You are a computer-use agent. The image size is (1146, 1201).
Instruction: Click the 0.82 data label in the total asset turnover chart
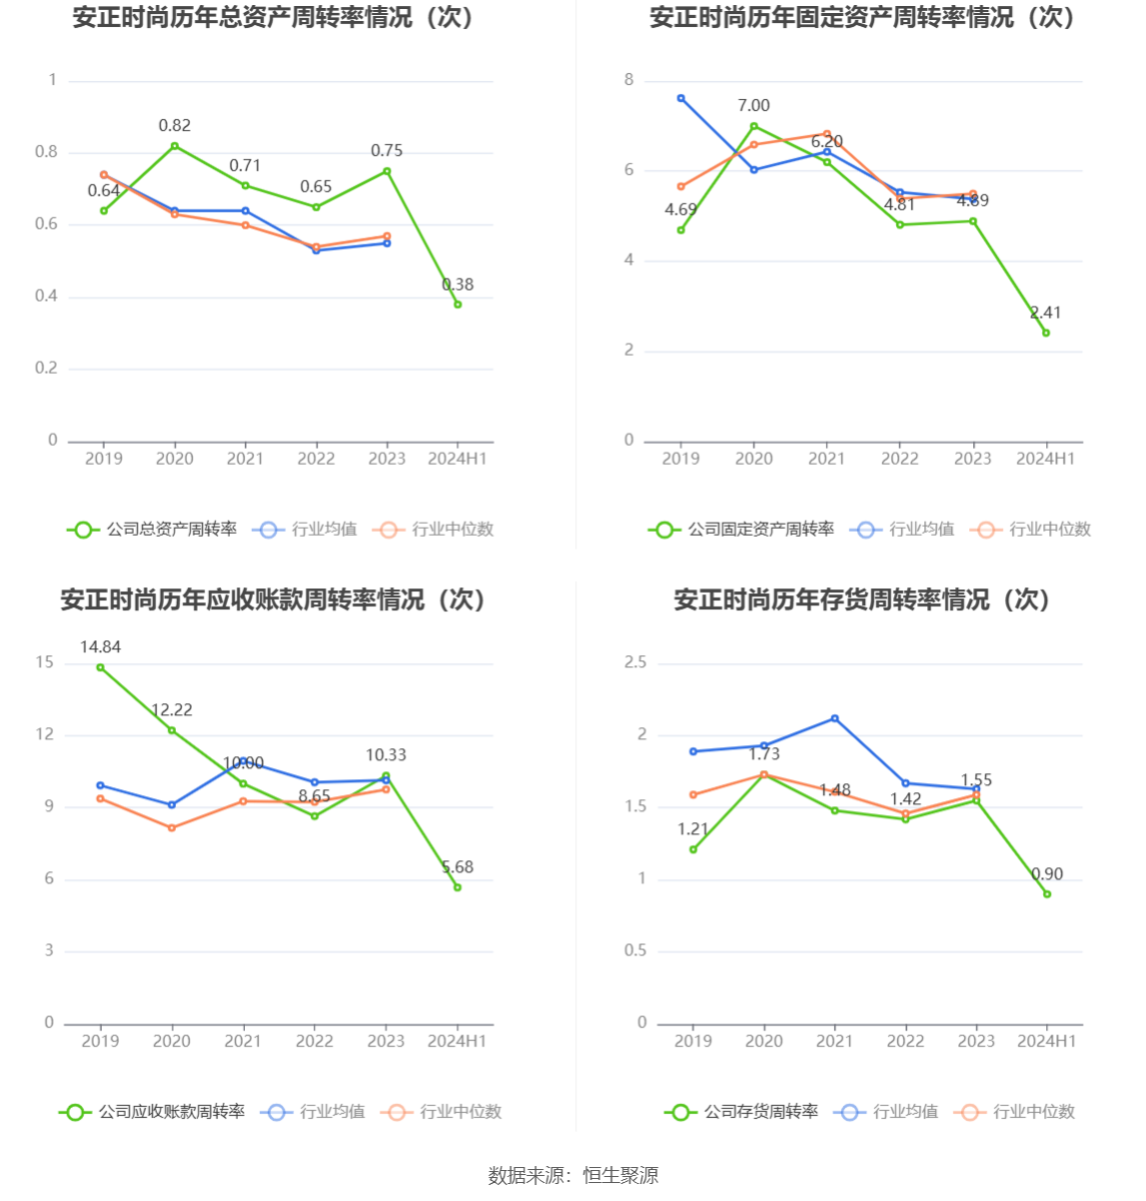(175, 126)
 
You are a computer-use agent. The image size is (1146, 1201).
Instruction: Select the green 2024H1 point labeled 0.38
(458, 305)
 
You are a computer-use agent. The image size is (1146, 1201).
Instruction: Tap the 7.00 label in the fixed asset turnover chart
(753, 106)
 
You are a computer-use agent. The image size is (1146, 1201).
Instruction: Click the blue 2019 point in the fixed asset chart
(681, 98)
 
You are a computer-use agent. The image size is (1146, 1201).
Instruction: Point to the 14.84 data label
(100, 647)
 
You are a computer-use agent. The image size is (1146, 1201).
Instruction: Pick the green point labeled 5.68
(458, 887)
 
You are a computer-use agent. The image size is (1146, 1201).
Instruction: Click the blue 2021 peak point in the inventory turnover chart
(835, 718)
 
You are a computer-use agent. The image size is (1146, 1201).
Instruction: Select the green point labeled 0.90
(1047, 894)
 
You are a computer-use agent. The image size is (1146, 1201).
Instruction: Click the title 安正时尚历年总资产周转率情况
(273, 18)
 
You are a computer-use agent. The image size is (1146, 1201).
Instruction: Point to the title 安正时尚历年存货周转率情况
(862, 600)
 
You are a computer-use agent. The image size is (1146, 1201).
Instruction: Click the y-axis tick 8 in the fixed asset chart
(629, 80)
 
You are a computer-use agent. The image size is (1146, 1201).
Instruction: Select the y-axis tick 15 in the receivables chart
(45, 662)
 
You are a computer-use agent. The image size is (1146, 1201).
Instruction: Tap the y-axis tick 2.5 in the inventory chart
(635, 662)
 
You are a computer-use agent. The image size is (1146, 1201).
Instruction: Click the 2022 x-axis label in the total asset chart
(317, 459)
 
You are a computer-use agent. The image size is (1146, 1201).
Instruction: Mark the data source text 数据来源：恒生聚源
(573, 1176)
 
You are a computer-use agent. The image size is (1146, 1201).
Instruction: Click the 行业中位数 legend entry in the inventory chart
(1033, 1112)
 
